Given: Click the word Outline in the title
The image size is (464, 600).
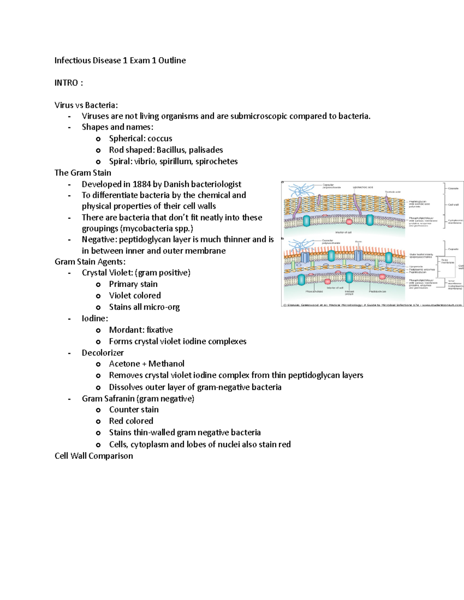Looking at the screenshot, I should tap(172, 60).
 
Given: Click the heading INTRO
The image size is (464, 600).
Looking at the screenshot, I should tap(66, 83).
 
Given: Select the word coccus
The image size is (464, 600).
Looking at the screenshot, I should tap(160, 138).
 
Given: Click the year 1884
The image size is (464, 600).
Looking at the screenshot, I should tap(142, 184).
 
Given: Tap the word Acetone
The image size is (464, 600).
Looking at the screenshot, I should tap(124, 364).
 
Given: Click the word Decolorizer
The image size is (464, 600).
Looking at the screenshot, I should tap(102, 352).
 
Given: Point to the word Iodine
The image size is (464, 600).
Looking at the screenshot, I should tap(94, 318).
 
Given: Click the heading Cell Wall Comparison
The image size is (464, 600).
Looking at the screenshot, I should tap(94, 456).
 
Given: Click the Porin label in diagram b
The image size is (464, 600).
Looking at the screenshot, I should tap(358, 242).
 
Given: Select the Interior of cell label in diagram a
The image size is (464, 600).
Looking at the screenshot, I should tap(343, 232).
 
